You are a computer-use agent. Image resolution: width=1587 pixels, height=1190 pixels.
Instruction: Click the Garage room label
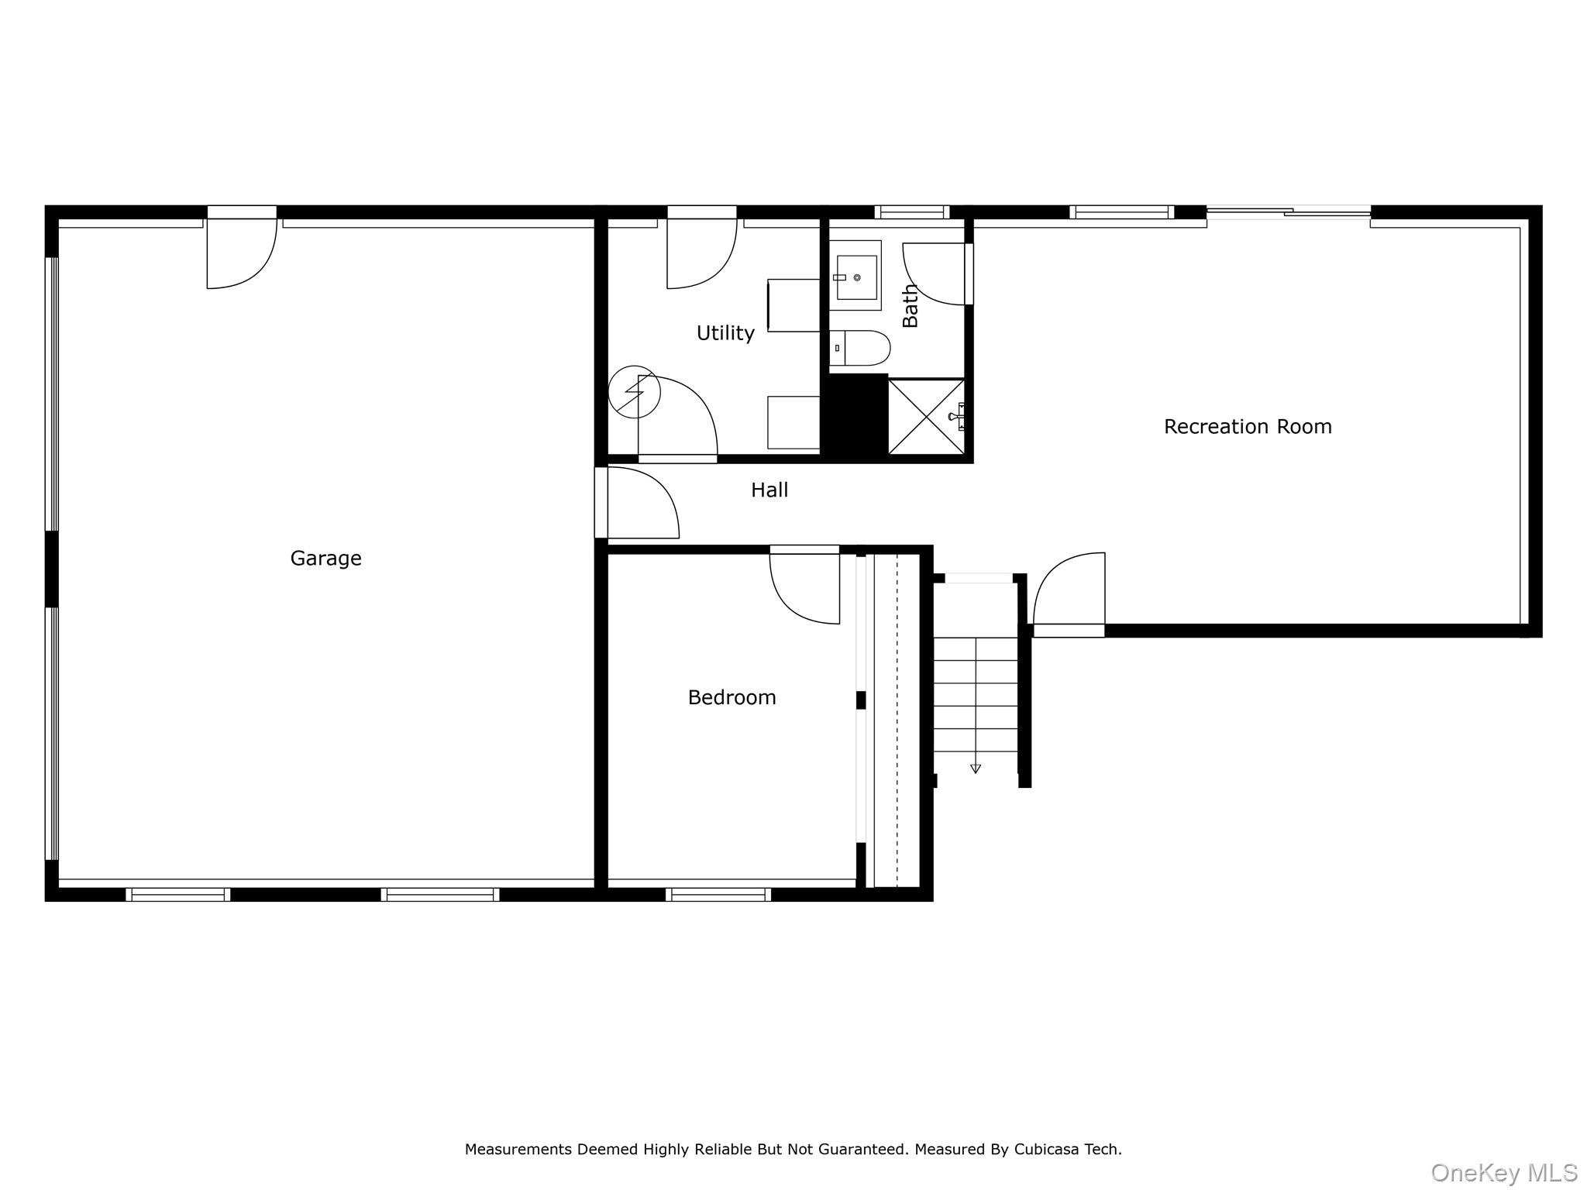pyautogui.click(x=325, y=558)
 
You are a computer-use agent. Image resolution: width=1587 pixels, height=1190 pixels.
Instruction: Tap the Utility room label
pyautogui.click(x=725, y=333)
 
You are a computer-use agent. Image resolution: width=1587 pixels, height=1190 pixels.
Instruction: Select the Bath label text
pyautogui.click(x=911, y=305)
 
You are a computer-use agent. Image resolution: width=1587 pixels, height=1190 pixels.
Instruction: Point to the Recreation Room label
pyautogui.click(x=1248, y=426)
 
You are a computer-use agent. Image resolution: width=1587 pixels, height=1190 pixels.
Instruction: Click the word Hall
pyautogui.click(x=769, y=490)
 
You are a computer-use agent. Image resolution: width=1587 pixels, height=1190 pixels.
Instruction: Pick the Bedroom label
pyautogui.click(x=732, y=697)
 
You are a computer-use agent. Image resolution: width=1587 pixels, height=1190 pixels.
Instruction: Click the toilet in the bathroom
pyautogui.click(x=860, y=349)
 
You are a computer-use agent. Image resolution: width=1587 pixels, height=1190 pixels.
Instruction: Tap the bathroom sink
pyautogui.click(x=855, y=276)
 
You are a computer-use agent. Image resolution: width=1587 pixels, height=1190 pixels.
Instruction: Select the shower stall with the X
pyautogui.click(x=927, y=417)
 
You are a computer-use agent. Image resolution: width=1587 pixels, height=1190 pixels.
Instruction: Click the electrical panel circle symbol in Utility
pyautogui.click(x=634, y=392)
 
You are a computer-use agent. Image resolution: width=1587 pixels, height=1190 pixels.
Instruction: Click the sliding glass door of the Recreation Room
pyautogui.click(x=1289, y=211)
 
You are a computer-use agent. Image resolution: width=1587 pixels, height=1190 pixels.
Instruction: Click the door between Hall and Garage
pyautogui.click(x=637, y=502)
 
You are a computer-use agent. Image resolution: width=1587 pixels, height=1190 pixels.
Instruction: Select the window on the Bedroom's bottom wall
pyautogui.click(x=718, y=895)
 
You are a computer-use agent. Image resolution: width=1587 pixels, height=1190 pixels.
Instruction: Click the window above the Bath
pyautogui.click(x=912, y=212)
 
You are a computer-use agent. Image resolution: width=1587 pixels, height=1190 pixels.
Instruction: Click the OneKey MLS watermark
pyautogui.click(x=1504, y=1173)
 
